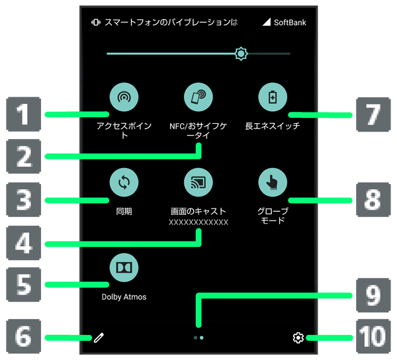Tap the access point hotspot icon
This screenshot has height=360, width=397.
click(124, 98)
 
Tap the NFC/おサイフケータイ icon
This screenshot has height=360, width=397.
click(198, 98)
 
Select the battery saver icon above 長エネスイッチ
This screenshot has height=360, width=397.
click(273, 98)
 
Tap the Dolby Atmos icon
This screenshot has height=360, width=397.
click(124, 267)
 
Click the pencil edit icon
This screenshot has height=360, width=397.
click(99, 338)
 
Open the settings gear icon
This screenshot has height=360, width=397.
click(298, 338)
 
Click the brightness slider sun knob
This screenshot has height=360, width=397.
click(241, 54)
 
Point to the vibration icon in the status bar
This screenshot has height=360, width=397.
click(96, 22)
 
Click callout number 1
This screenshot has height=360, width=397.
click(24, 114)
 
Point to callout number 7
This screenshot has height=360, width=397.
click(374, 114)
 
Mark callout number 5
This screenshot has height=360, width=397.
click(24, 285)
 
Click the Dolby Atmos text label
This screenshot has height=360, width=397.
click(124, 297)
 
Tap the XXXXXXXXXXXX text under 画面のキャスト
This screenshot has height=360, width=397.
click(198, 223)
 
